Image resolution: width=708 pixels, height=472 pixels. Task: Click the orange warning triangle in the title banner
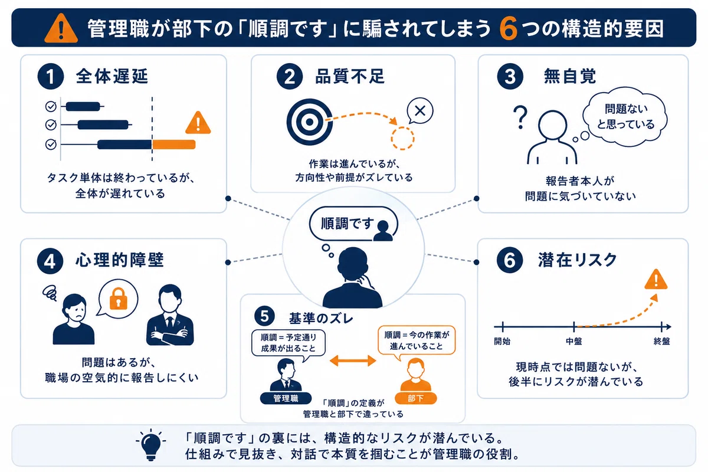(x=61, y=28)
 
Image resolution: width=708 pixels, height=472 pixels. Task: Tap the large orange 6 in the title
(x=508, y=29)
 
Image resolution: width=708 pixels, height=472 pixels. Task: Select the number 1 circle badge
(x=51, y=77)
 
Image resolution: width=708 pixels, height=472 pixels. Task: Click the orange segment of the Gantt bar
(x=174, y=145)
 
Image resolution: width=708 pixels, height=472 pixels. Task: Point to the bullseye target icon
(x=309, y=122)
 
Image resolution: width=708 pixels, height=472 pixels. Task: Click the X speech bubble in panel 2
(x=420, y=112)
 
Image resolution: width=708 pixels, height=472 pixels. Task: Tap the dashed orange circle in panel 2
(x=402, y=138)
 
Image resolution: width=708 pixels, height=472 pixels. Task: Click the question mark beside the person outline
(x=520, y=117)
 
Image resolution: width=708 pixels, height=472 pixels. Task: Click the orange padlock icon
(x=118, y=299)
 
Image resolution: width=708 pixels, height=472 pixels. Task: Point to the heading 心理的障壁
(x=119, y=260)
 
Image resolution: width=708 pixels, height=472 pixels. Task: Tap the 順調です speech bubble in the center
(x=353, y=224)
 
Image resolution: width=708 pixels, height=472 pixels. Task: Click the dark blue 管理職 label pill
(x=286, y=398)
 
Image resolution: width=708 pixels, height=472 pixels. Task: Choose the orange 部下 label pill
(x=415, y=398)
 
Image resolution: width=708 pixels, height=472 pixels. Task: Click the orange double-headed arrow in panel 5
(x=353, y=360)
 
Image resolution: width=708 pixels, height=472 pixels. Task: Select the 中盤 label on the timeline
(x=573, y=342)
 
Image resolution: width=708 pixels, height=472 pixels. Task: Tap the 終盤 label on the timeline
(x=661, y=342)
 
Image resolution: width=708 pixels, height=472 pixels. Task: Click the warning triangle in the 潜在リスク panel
(x=656, y=280)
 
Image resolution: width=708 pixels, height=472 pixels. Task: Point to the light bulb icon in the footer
(x=151, y=445)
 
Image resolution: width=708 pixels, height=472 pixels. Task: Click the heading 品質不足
(x=350, y=77)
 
